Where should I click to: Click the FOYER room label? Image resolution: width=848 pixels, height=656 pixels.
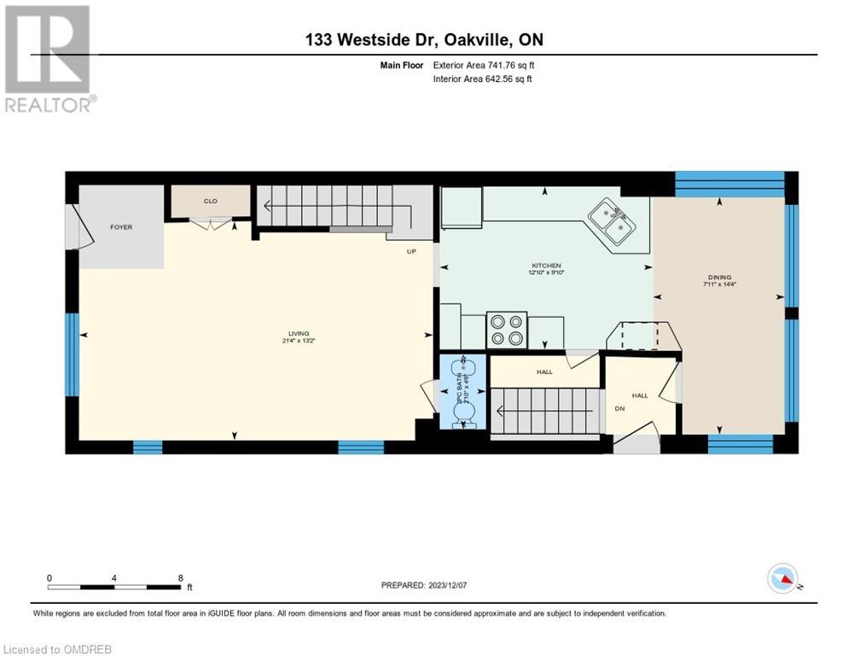[121, 227]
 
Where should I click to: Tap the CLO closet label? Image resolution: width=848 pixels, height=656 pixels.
[210, 202]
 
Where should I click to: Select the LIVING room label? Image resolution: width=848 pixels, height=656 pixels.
[298, 333]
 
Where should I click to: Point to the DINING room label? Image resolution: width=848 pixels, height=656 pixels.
[718, 277]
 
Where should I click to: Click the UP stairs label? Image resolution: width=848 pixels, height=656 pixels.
[410, 251]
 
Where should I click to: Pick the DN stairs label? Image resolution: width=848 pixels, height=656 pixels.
[619, 408]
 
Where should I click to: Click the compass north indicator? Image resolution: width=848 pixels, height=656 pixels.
[782, 579]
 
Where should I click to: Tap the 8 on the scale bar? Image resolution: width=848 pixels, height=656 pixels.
[180, 577]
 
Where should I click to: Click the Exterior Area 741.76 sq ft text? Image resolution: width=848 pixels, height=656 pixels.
[484, 65]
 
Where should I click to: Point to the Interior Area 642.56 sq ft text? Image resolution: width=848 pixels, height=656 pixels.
[483, 79]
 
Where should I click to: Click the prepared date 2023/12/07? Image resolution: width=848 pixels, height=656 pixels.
[425, 585]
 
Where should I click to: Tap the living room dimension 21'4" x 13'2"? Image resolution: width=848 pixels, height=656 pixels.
[298, 341]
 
